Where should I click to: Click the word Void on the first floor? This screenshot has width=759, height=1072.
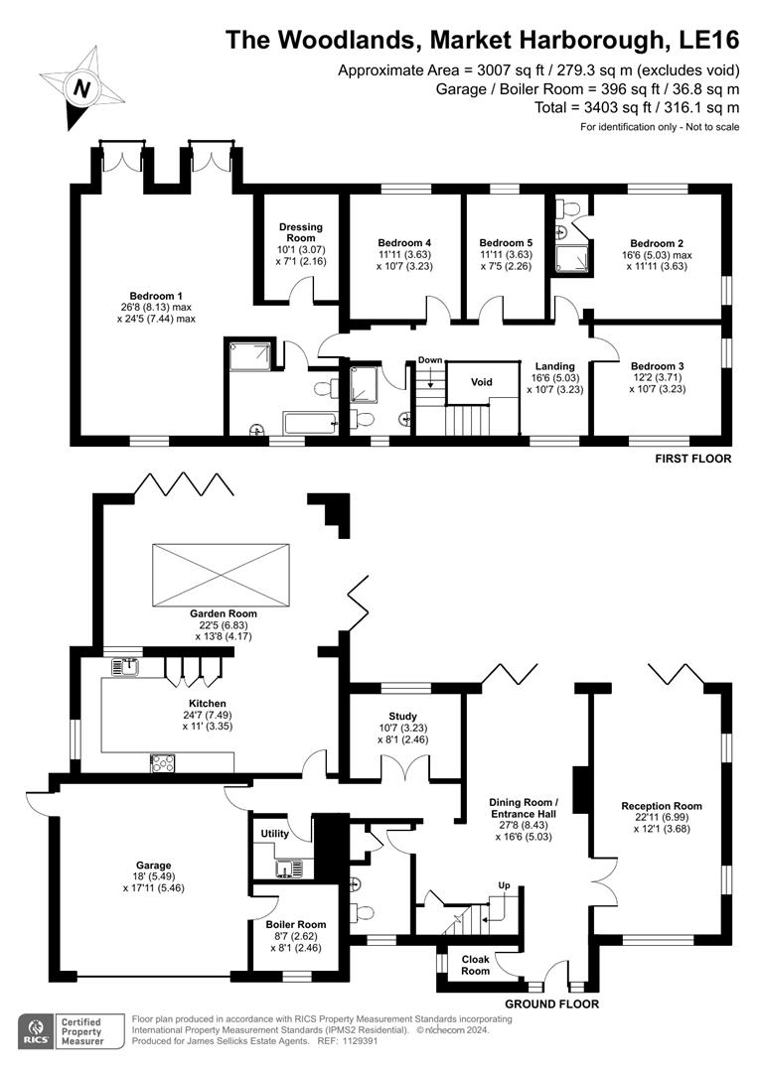tap(482, 381)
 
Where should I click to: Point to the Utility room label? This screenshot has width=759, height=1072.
tap(274, 834)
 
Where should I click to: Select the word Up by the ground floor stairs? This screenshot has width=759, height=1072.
tap(504, 884)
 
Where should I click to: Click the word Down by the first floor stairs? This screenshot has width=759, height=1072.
tap(429, 360)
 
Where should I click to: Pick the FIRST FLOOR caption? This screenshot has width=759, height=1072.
tap(692, 459)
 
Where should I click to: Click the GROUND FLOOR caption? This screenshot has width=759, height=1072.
tap(551, 1004)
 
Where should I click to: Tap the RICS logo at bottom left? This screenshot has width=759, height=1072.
tap(37, 1031)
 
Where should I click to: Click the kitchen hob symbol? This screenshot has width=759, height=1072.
tap(162, 762)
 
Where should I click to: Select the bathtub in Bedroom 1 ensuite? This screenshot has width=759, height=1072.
tap(310, 424)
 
